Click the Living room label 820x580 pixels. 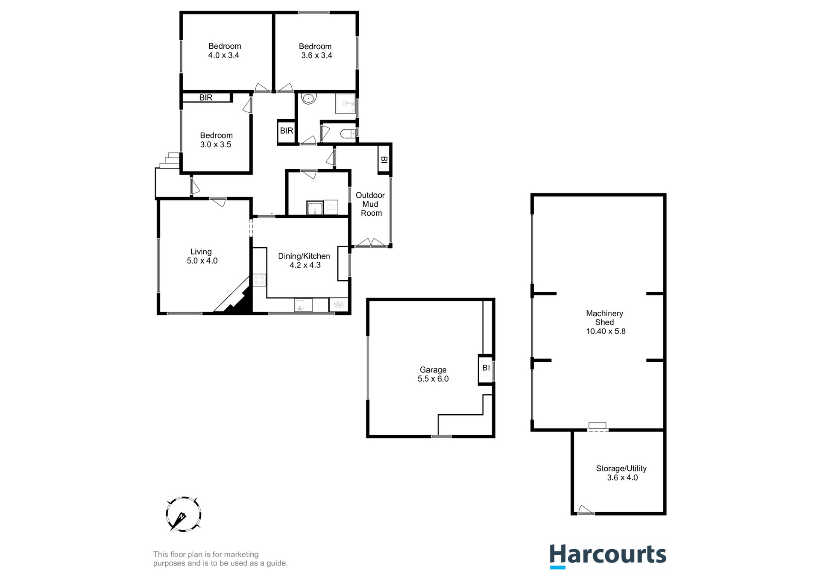click(x=201, y=252)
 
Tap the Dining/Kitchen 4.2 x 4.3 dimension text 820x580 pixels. click(x=305, y=265)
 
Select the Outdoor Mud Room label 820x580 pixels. click(x=371, y=204)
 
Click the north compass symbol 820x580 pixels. click(x=183, y=514)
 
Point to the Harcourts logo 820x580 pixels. click(x=607, y=556)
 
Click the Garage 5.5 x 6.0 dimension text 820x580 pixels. click(x=433, y=379)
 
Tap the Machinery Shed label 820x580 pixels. click(x=604, y=318)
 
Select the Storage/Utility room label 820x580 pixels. click(x=621, y=469)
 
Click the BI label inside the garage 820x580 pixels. click(x=486, y=368)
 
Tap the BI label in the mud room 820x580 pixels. click(x=384, y=160)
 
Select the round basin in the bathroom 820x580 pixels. click(x=308, y=99)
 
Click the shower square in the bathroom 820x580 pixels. click(x=345, y=104)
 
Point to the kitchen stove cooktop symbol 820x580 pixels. click(x=259, y=280)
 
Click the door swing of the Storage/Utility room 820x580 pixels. click(x=585, y=509)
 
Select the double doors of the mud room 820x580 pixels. click(x=371, y=243)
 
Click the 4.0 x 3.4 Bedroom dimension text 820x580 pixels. click(x=223, y=55)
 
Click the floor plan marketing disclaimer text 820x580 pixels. click(x=220, y=559)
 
